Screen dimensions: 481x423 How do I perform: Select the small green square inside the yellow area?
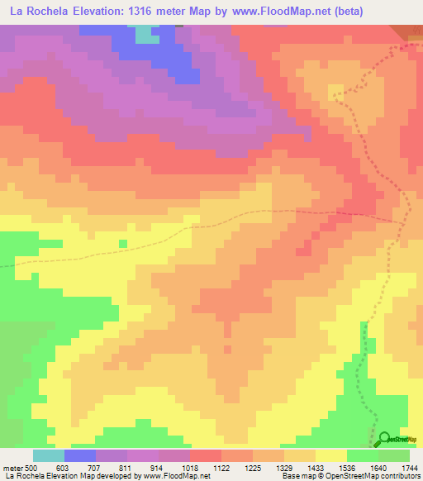click(122, 243)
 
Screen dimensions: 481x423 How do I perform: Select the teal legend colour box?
click(49, 455)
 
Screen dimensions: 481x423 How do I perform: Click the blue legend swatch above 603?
click(80, 455)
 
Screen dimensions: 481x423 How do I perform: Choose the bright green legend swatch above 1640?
click(363, 455)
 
